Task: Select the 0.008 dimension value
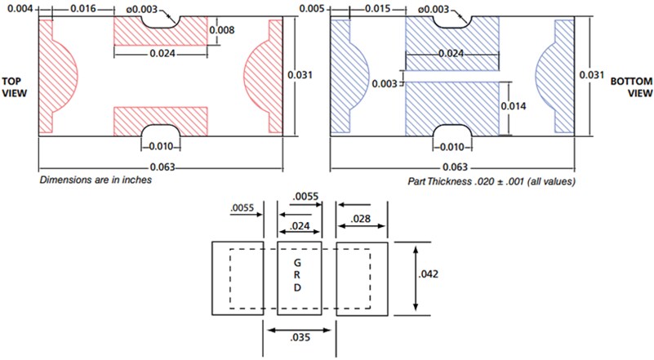point(224,31)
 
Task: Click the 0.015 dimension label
point(375,8)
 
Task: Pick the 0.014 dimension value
point(524,107)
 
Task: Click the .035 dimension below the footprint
point(299,346)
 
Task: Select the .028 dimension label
point(361,219)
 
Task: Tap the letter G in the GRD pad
point(299,264)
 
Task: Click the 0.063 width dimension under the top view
point(160,167)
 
